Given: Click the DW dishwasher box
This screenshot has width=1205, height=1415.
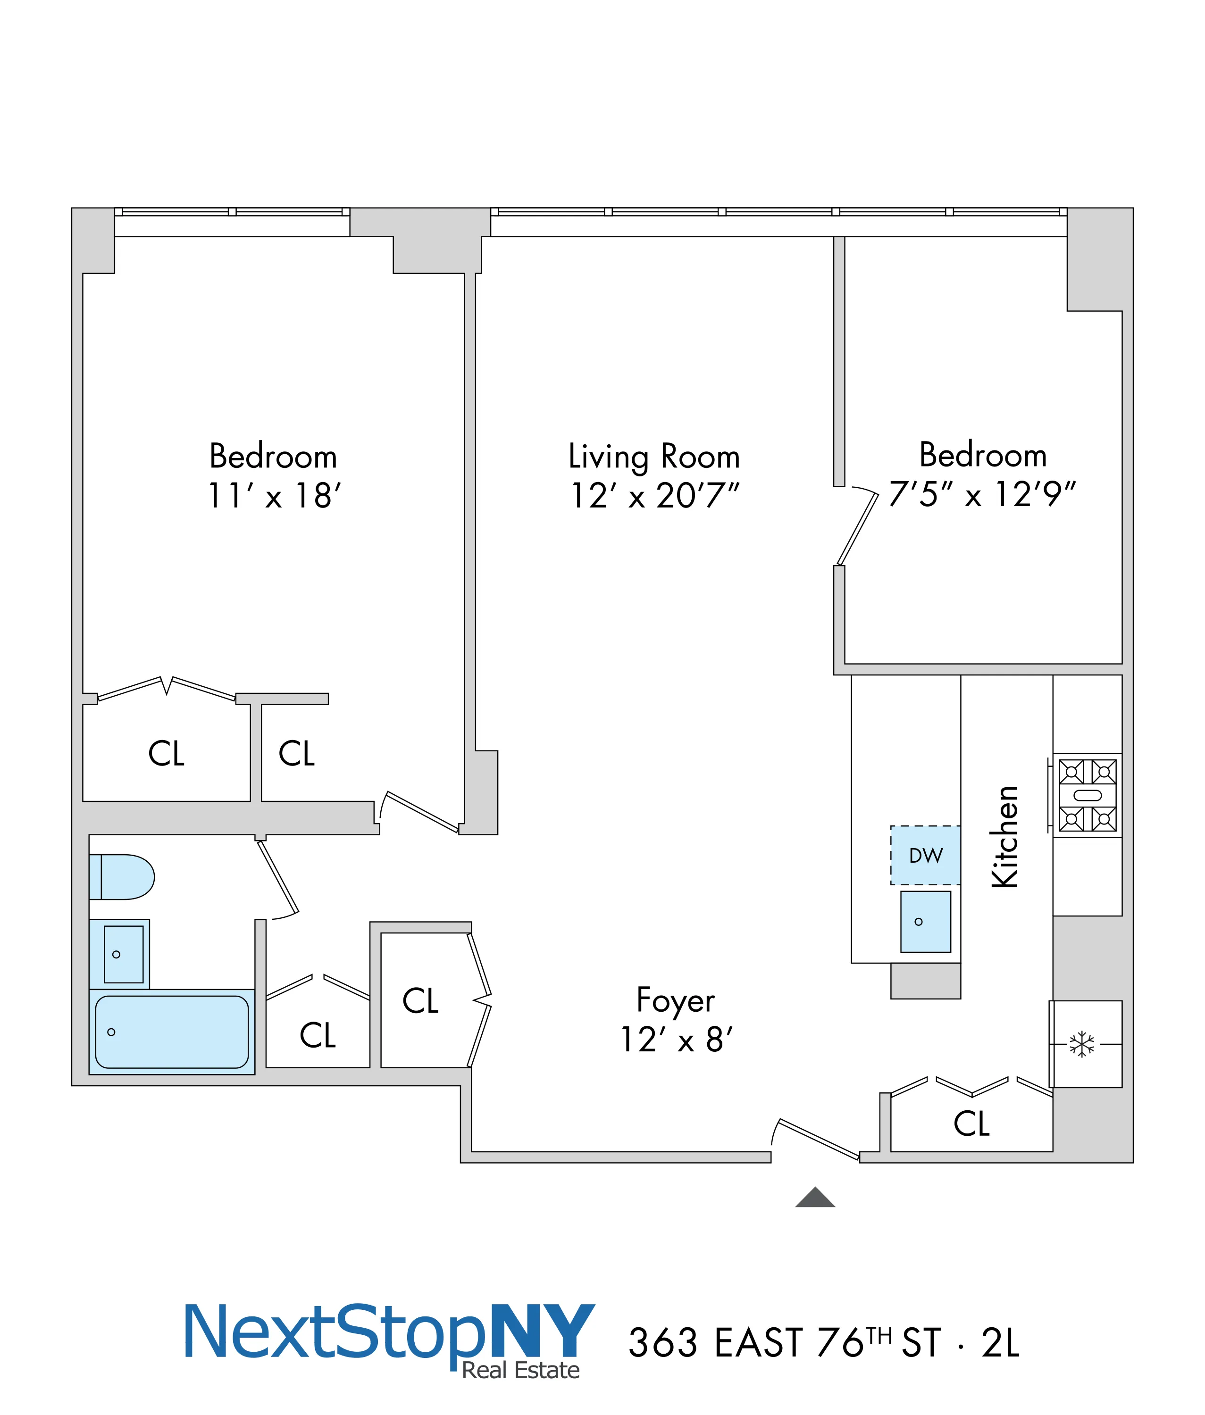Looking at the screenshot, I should [926, 855].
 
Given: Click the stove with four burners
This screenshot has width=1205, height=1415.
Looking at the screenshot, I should [1088, 795].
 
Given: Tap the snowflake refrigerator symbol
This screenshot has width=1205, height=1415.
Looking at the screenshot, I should [1082, 1044].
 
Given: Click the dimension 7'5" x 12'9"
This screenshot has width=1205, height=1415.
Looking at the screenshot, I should [982, 494].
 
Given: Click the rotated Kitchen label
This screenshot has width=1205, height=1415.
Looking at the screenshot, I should [1005, 837].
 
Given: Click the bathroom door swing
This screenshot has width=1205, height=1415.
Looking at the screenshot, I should [278, 878].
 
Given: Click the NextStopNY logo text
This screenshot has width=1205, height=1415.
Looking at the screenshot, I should [389, 1332].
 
